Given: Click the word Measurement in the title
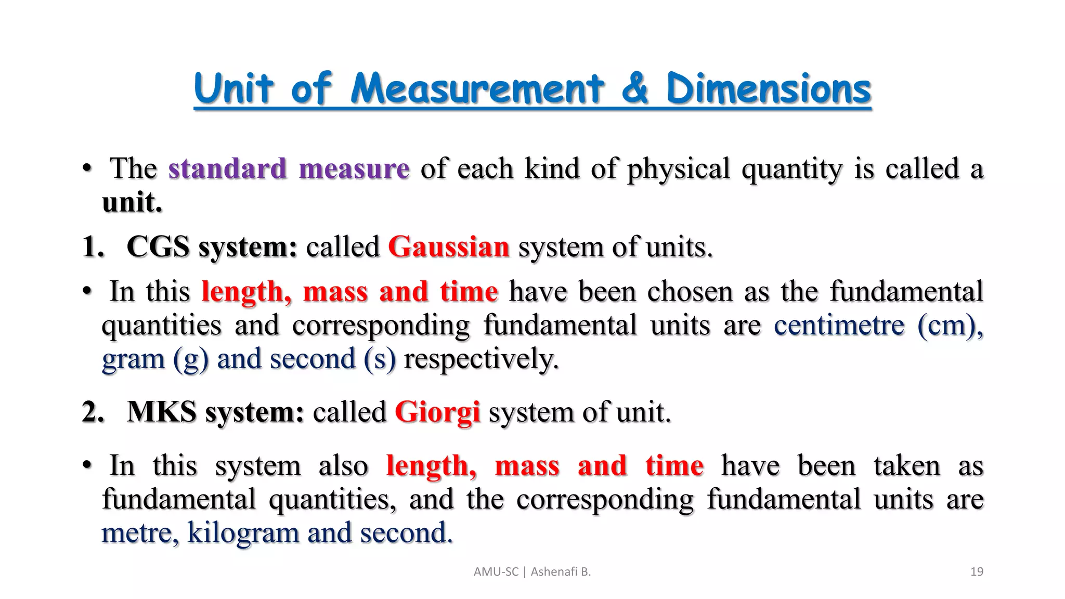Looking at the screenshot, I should point(477,89).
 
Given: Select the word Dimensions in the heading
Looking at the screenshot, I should point(768,89).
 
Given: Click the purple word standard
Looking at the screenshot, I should point(227,168).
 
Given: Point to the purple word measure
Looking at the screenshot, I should point(354,170).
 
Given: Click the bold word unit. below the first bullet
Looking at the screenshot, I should point(132,202).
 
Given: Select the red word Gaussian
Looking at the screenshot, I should point(448,246).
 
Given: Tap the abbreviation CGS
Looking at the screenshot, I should point(158,246).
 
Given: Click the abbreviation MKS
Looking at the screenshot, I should point(161,412).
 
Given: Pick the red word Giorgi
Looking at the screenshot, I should point(437,413).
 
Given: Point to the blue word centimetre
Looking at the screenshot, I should point(839,325).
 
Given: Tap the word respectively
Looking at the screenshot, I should point(481,359).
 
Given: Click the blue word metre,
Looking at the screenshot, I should point(140,533).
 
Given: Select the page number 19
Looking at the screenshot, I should point(977,572).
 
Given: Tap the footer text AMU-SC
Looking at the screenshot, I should point(496,572).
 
